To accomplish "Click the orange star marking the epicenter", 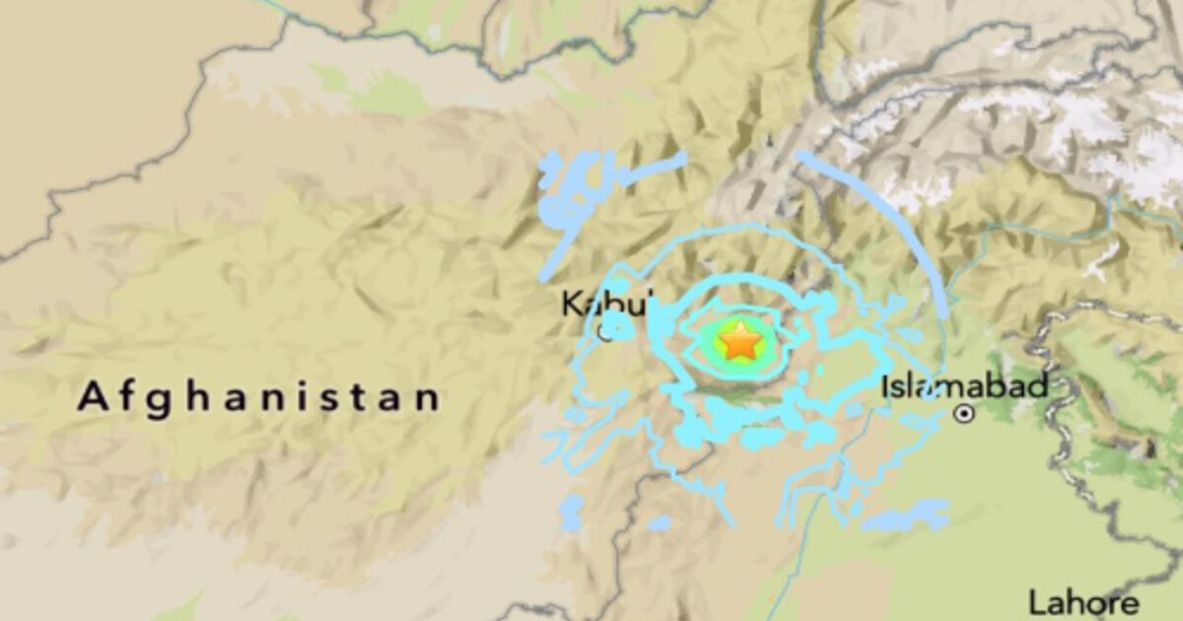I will coord(738,343).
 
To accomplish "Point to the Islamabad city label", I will coord(964,386).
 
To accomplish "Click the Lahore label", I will coord(1082,602).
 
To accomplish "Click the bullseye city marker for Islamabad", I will coord(965,415).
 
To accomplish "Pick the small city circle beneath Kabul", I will coord(603,333).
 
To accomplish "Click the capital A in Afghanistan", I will coord(93,398).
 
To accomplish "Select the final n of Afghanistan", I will coord(428,398).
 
